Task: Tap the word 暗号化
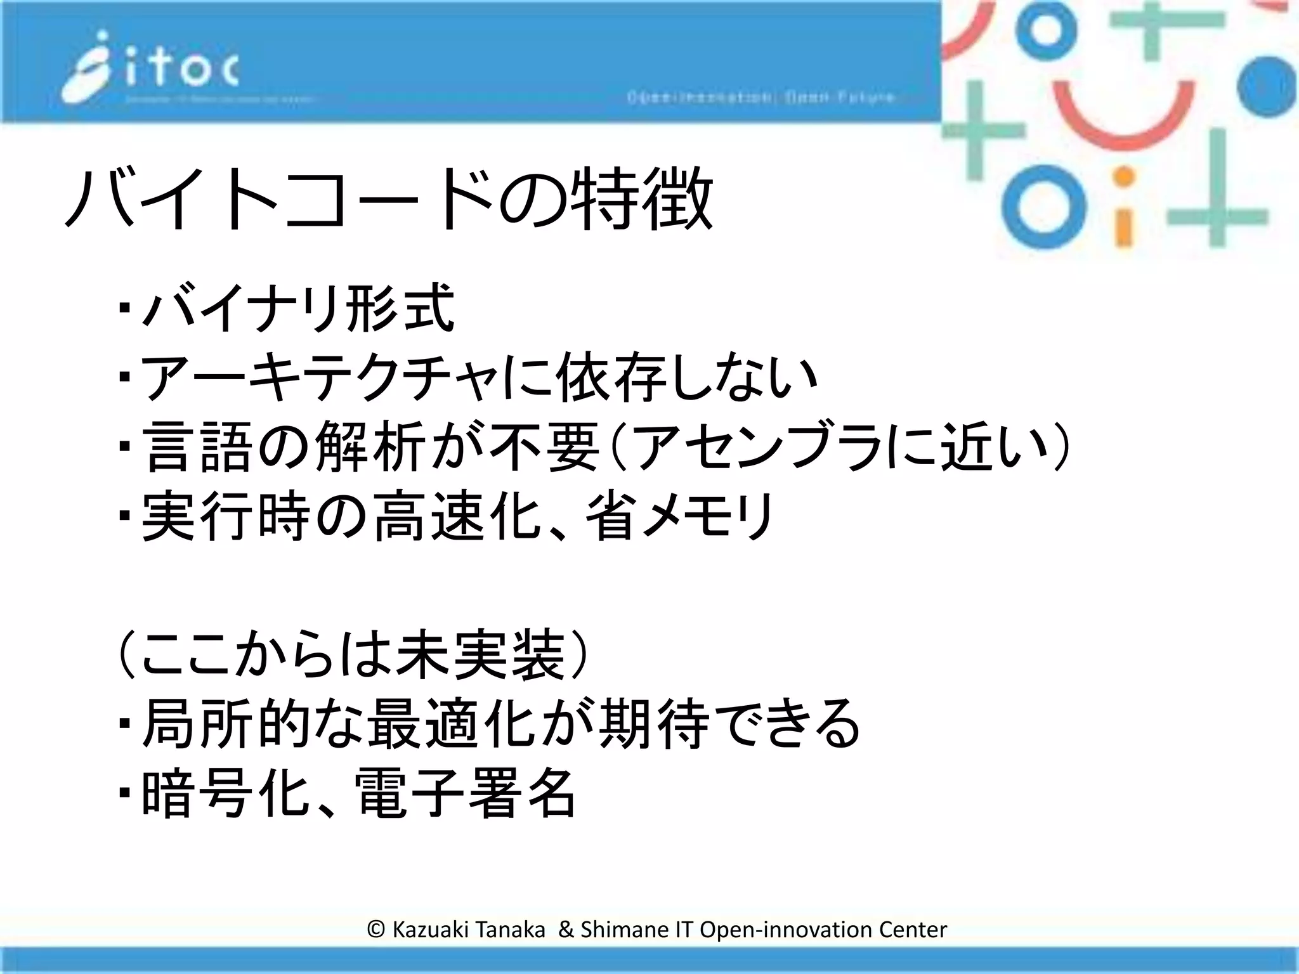(x=225, y=793)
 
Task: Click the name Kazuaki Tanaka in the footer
(x=469, y=930)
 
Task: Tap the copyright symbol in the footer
(x=375, y=930)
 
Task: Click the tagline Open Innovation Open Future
(x=760, y=98)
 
